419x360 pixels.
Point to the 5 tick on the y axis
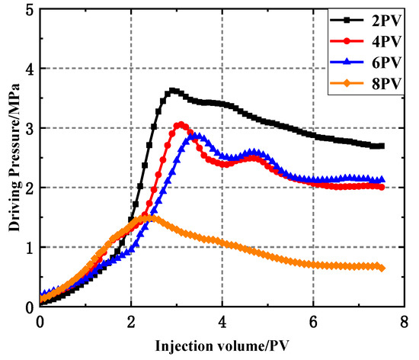pyautogui.click(x=28, y=10)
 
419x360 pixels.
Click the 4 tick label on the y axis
pyautogui.click(x=28, y=69)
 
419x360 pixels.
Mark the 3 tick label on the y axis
pyautogui.click(x=28, y=128)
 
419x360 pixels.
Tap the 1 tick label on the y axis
pyautogui.click(x=28, y=247)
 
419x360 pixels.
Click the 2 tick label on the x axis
pyautogui.click(x=131, y=320)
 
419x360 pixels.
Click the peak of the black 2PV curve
pyautogui.click(x=172, y=91)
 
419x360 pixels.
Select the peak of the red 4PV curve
pyautogui.click(x=180, y=124)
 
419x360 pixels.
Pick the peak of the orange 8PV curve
pyautogui.click(x=150, y=217)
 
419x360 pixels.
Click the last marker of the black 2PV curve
pyautogui.click(x=382, y=146)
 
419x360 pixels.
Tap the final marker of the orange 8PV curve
pyautogui.click(x=382, y=268)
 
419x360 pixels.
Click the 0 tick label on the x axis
pyautogui.click(x=40, y=320)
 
